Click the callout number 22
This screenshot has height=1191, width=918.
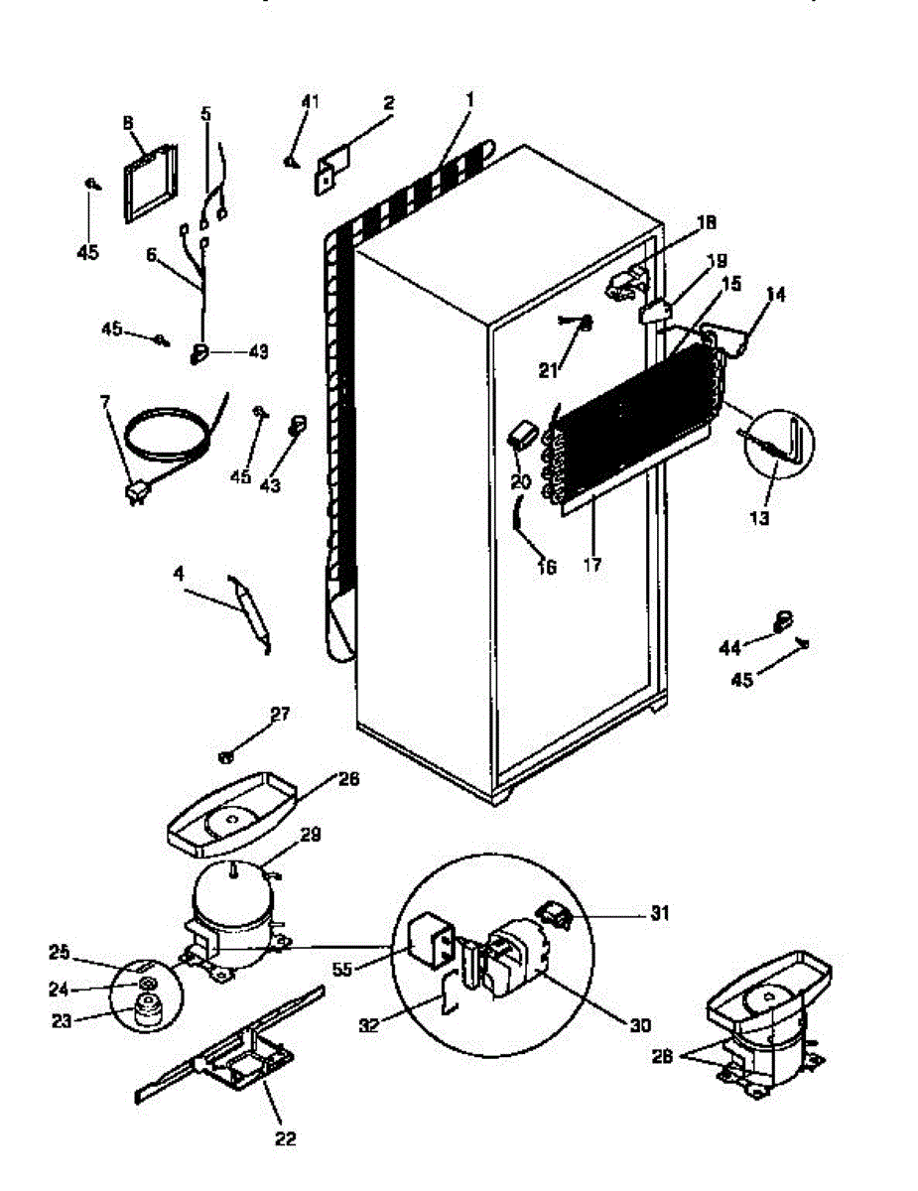[284, 1137]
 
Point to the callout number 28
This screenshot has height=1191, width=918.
[663, 1057]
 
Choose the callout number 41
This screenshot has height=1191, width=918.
[312, 101]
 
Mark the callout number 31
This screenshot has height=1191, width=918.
[658, 913]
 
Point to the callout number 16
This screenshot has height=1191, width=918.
[546, 567]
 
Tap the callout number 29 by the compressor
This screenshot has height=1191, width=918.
[310, 836]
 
